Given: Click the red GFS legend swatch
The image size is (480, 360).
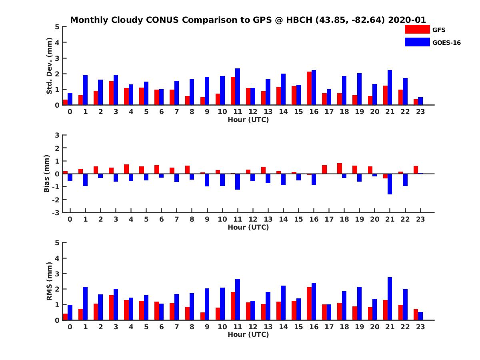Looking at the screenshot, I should point(417,29).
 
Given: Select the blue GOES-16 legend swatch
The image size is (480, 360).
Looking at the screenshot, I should point(417,42).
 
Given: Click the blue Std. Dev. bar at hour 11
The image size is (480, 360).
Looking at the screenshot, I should point(238,87).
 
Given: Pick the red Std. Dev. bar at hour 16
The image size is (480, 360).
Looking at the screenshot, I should point(309,88).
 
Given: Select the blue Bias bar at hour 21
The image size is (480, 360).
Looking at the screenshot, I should point(390,184).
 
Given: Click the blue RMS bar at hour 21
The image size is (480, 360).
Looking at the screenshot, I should point(390,298).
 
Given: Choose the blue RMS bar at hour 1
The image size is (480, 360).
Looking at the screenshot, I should point(85,303).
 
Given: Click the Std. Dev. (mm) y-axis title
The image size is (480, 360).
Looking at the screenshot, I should point(50,66).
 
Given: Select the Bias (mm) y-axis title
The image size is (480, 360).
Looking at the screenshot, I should point(47,174).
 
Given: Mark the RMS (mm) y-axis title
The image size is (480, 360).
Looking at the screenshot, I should point(50,282).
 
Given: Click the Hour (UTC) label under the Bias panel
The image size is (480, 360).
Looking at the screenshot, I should point(248,227).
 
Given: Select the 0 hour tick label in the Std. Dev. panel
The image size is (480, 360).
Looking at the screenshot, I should point(70,112).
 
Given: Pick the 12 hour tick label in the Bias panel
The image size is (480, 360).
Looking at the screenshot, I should point(253,219).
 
